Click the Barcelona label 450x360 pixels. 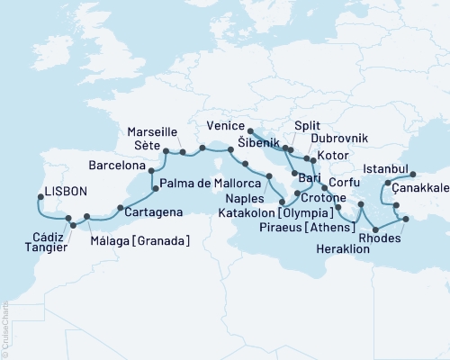[121, 166]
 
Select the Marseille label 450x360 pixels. [154, 129]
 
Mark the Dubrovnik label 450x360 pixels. [340, 140]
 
